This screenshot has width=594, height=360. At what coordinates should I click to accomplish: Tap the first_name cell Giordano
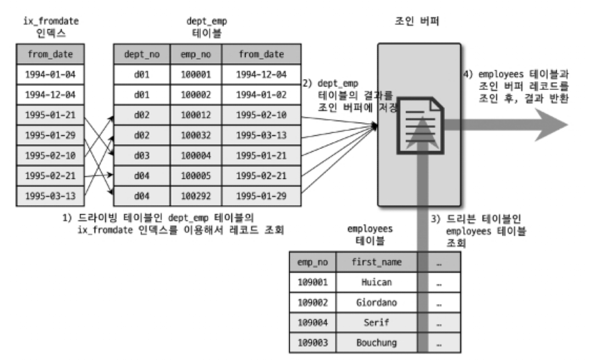click(x=376, y=303)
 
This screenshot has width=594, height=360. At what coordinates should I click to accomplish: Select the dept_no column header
click(x=138, y=55)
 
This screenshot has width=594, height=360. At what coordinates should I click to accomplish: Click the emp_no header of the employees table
click(x=312, y=263)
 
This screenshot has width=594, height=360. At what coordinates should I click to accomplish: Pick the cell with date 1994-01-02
click(x=261, y=95)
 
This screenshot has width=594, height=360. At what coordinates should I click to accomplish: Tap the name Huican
click(x=376, y=283)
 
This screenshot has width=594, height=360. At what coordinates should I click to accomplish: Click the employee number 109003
click(x=312, y=343)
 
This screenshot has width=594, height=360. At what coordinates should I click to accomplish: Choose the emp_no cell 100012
click(x=192, y=114)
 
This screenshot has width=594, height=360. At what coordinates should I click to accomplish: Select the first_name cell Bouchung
click(x=376, y=343)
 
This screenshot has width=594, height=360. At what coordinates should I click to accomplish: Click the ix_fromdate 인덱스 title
click(x=51, y=26)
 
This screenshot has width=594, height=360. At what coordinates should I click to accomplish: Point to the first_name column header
click(x=376, y=263)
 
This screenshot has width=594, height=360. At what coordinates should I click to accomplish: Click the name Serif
click(x=376, y=323)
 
